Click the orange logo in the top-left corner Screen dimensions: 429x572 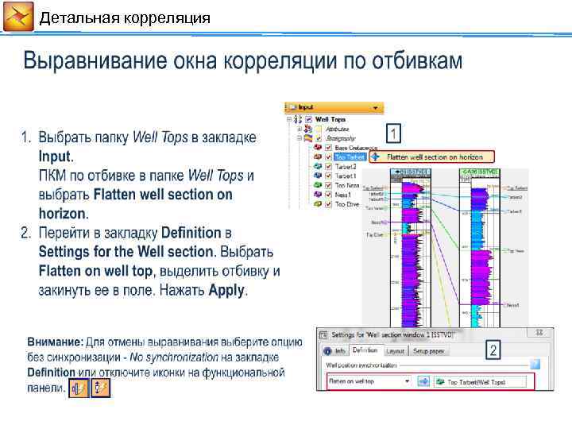(17, 17)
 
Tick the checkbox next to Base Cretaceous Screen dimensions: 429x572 (328, 148)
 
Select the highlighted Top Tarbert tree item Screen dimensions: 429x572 (350, 157)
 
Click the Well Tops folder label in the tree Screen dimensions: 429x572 (330, 119)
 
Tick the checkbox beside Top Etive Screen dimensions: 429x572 (328, 204)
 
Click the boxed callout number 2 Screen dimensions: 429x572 (493, 350)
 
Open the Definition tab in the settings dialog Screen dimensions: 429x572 (365, 350)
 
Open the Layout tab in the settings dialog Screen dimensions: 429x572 (395, 350)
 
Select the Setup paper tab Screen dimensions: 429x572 (429, 350)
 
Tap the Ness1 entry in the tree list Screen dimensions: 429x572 (343, 195)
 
